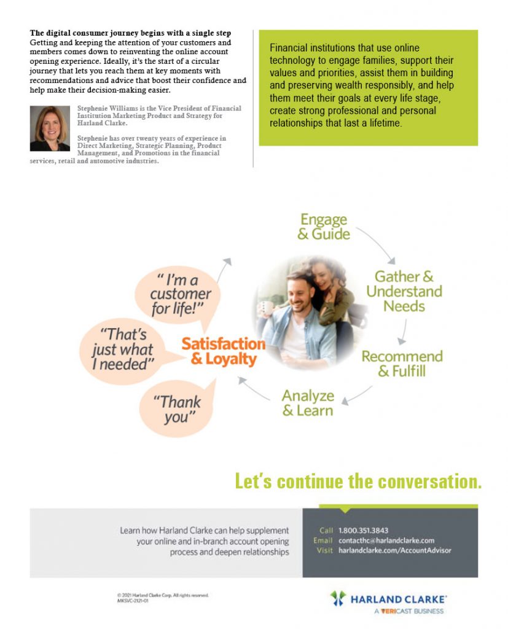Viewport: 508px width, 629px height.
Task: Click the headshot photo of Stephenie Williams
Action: (x=50, y=128)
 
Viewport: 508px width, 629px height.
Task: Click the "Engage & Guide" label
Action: (x=324, y=227)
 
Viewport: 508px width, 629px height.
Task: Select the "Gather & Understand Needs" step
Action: (x=404, y=291)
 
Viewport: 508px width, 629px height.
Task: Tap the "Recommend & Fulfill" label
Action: (x=402, y=364)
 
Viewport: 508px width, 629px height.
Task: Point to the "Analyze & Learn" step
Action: (x=308, y=403)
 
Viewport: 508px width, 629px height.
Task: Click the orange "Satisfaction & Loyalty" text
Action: (x=224, y=351)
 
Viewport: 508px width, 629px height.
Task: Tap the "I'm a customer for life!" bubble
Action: (x=179, y=294)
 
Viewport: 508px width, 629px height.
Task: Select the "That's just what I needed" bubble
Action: (x=123, y=349)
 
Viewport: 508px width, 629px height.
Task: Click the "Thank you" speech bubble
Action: (x=179, y=410)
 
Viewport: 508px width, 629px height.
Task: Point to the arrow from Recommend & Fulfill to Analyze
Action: (x=358, y=394)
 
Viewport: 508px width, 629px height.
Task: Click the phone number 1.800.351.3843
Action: (x=363, y=530)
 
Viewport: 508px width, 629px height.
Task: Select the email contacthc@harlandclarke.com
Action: (x=386, y=541)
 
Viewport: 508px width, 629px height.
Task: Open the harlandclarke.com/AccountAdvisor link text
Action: (x=394, y=550)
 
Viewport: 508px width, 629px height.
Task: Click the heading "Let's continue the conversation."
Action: (x=358, y=481)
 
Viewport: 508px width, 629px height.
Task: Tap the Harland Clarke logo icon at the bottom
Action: (x=338, y=598)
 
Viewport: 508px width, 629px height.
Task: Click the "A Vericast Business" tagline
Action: (x=408, y=611)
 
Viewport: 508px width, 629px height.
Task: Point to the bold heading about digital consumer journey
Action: (x=131, y=33)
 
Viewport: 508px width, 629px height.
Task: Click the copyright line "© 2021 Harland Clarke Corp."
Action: (x=163, y=595)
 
